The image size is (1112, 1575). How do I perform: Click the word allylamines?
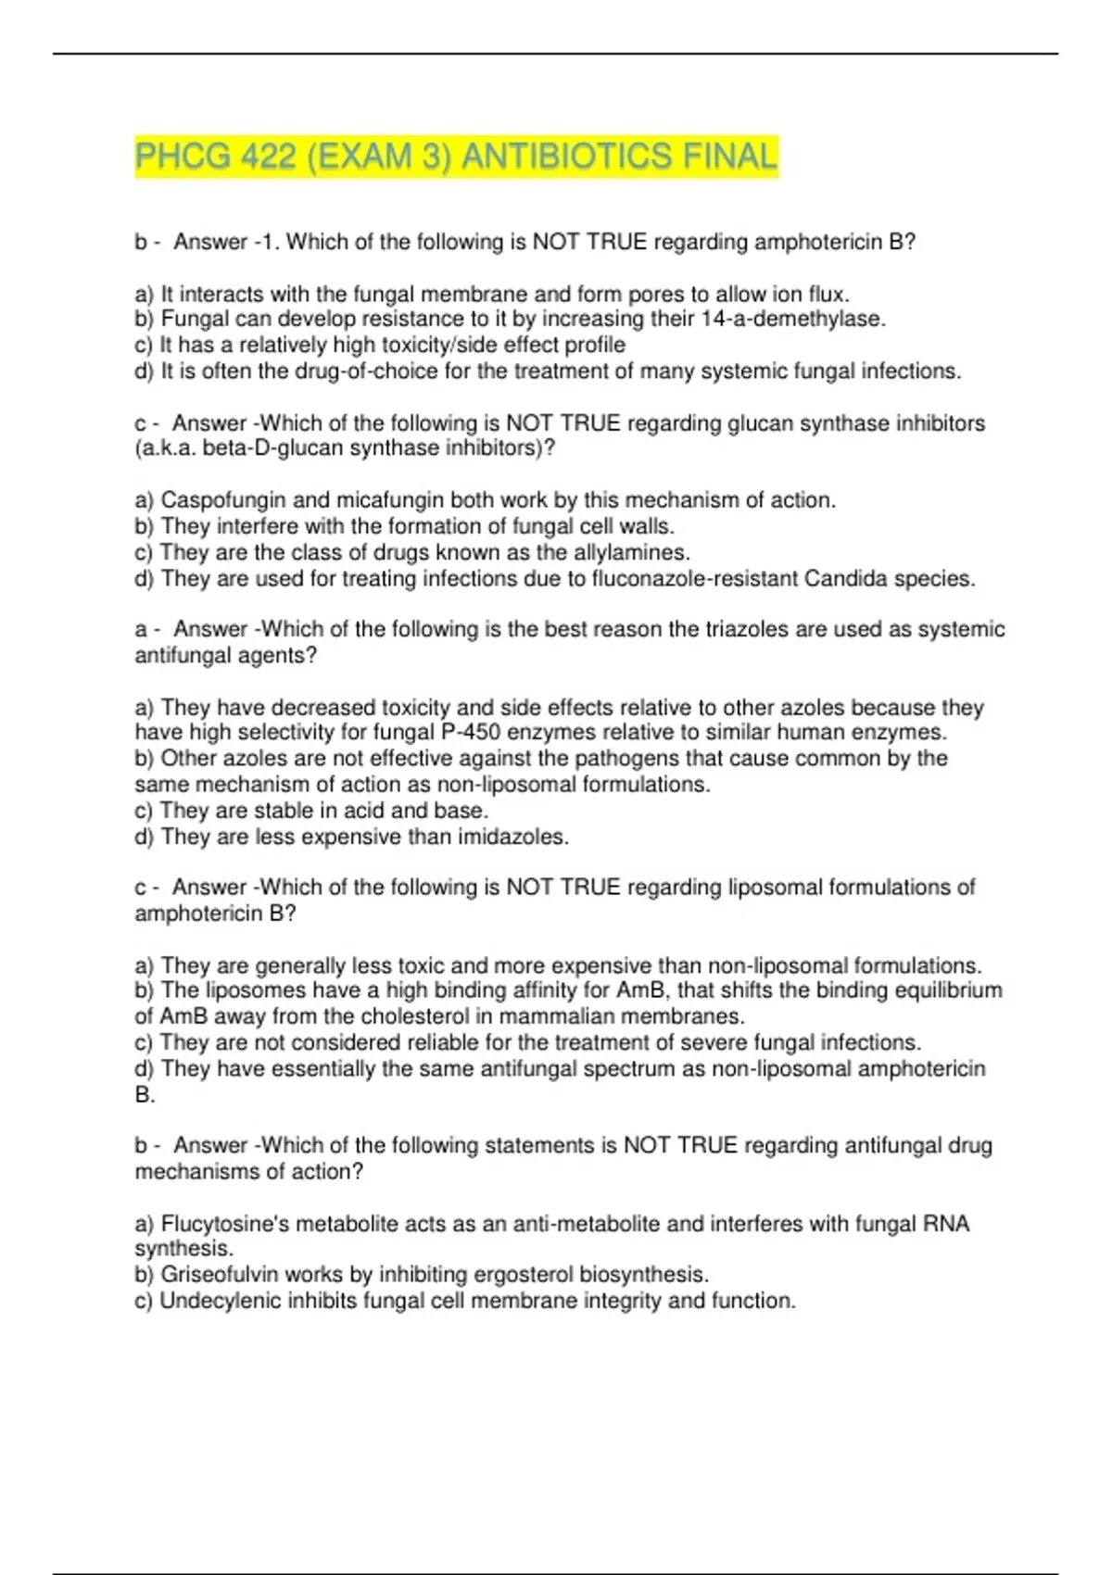pyautogui.click(x=632, y=553)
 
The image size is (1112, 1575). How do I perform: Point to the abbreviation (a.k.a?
pyautogui.click(x=166, y=448)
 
